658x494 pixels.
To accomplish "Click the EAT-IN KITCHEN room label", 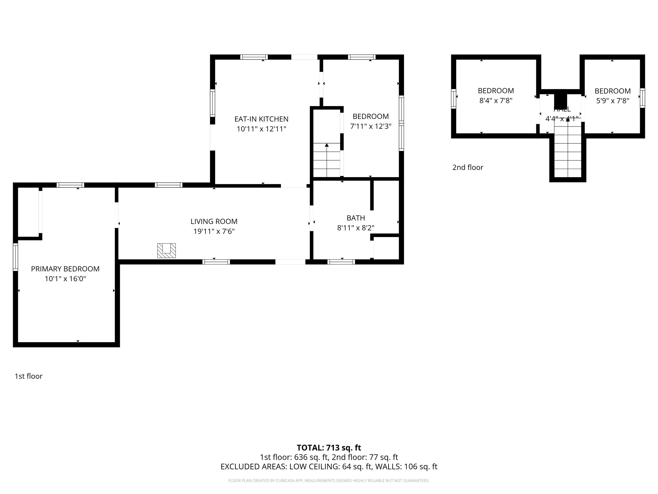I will (261, 119).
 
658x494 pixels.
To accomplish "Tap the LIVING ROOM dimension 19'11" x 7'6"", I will (214, 231).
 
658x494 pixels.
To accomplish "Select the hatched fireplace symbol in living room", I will (166, 251).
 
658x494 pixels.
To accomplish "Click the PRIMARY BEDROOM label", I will (65, 269).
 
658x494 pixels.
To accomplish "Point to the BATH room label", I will (356, 218).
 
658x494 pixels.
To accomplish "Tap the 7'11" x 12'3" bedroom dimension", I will (370, 126).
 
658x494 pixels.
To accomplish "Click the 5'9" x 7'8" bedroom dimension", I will (612, 101).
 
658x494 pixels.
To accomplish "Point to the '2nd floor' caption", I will (468, 167).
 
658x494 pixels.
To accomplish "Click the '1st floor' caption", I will (29, 376).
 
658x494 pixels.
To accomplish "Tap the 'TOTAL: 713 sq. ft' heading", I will (329, 447).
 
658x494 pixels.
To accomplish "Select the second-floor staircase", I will (568, 152).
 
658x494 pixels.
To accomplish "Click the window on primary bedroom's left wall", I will (16, 257).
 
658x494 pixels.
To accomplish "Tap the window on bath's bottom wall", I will (341, 262).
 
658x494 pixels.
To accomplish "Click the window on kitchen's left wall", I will (212, 103).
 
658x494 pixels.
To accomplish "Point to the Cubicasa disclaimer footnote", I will (329, 481).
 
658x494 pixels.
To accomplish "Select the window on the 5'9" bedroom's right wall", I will (642, 98).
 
